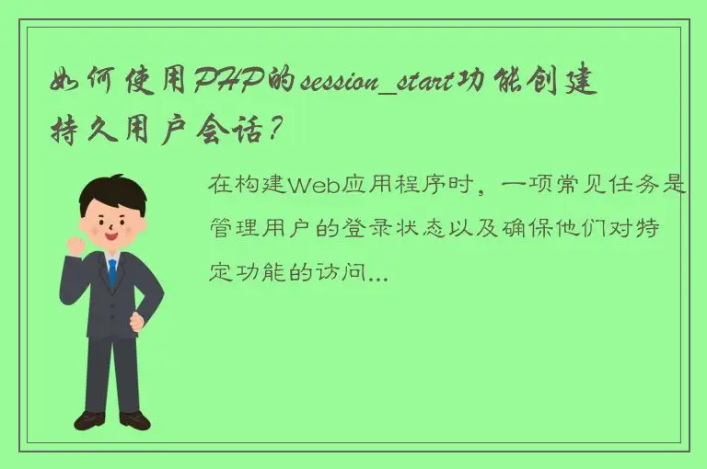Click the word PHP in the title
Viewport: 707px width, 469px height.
(227, 86)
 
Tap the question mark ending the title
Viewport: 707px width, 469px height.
(272, 131)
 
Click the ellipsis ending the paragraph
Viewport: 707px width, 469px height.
(378, 275)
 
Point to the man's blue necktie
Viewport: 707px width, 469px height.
(112, 273)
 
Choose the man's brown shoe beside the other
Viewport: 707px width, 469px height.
(134, 419)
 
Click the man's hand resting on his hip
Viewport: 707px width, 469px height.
(138, 321)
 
